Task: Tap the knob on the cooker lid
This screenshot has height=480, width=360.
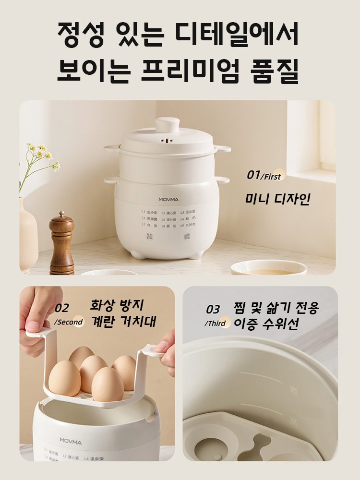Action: click(167, 124)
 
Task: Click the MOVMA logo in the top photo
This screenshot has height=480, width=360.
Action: click(167, 199)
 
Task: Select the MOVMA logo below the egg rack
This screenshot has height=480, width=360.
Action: click(70, 440)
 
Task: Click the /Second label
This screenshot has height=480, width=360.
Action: click(69, 322)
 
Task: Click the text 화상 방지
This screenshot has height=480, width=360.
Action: click(117, 304)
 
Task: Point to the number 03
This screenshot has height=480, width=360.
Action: click(213, 309)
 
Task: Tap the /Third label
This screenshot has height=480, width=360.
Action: click(216, 323)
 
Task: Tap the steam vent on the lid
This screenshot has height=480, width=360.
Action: click(167, 142)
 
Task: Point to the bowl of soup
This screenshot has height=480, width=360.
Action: click(268, 268)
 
